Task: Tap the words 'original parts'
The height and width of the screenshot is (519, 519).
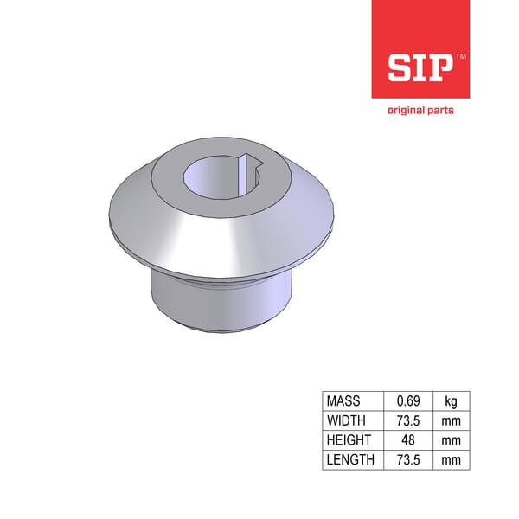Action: pyautogui.click(x=420, y=110)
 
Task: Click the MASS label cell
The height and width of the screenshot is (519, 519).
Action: pyautogui.click(x=343, y=401)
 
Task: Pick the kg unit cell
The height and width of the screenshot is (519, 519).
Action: pyautogui.click(x=451, y=401)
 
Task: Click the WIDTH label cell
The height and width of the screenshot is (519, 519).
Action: pyautogui.click(x=346, y=420)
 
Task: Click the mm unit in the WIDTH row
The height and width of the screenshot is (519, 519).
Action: pyautogui.click(x=451, y=420)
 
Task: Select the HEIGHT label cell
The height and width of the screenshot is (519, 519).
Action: pyautogui.click(x=348, y=440)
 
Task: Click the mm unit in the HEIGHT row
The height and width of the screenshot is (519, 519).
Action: pyautogui.click(x=451, y=440)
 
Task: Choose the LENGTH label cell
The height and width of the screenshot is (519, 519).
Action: pyautogui.click(x=350, y=459)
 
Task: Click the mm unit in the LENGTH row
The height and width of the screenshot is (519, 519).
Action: pyautogui.click(x=451, y=459)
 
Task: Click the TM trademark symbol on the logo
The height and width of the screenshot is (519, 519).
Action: pyautogui.click(x=460, y=55)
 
